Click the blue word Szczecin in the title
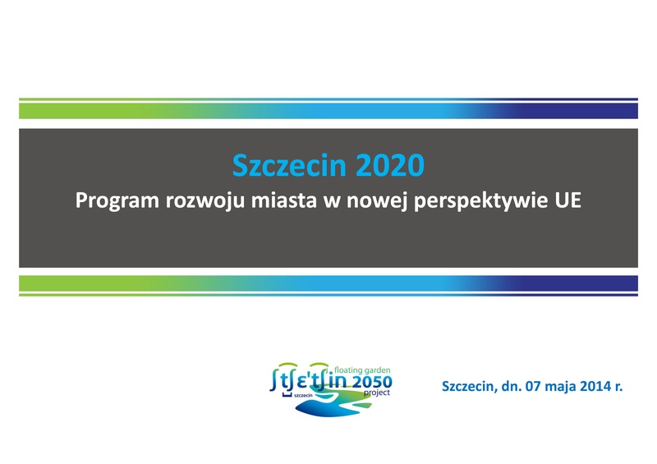(x=289, y=165)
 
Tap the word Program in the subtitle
(x=117, y=201)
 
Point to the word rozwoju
(x=205, y=201)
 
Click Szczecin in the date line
(x=469, y=386)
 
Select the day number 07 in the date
(x=533, y=386)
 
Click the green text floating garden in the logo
(x=362, y=370)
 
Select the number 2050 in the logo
(x=373, y=382)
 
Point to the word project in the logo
(x=377, y=393)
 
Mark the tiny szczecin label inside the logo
(x=303, y=395)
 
